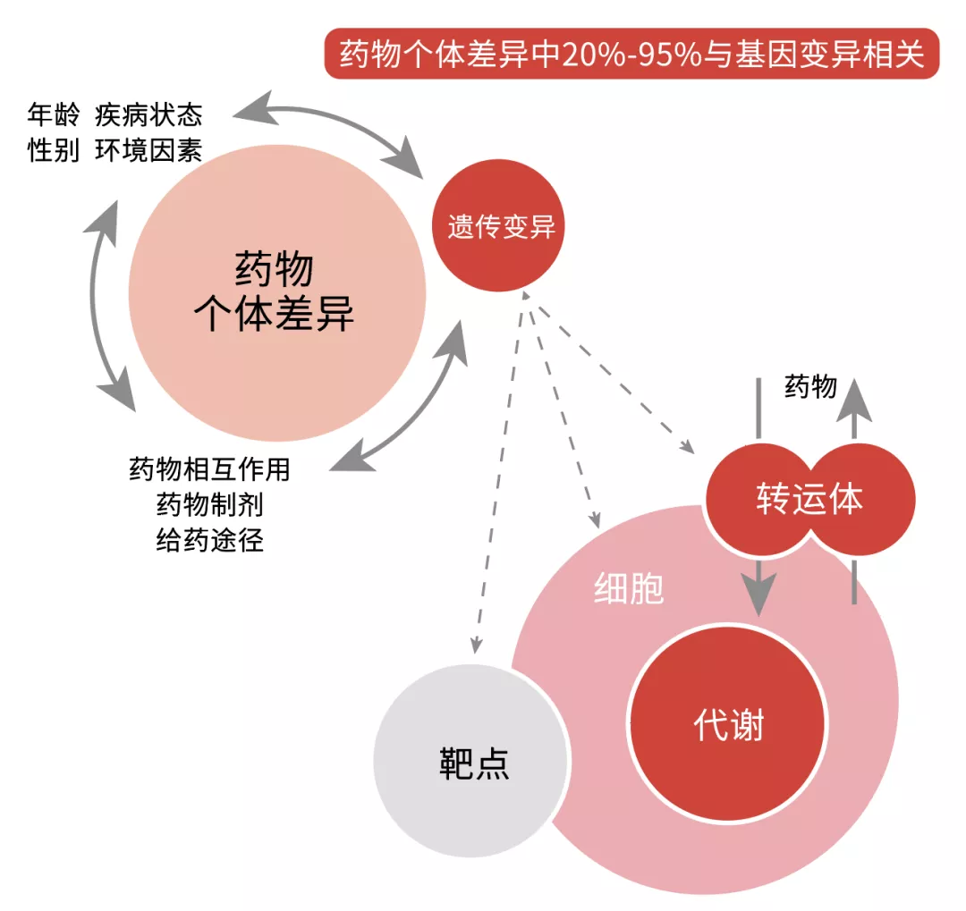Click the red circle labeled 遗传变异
tap(498, 225)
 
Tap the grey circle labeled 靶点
tap(470, 761)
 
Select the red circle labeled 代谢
tap(727, 724)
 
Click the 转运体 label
tap(809, 498)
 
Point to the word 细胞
tap(629, 588)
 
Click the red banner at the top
tap(631, 54)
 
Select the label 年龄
tap(54, 114)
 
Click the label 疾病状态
tap(148, 114)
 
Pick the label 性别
tap(54, 149)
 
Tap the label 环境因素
tap(148, 149)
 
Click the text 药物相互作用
tap(209, 468)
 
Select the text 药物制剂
tap(209, 504)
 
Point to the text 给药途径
tap(209, 540)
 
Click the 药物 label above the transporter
tap(810, 386)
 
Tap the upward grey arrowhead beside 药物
tap(854, 401)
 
